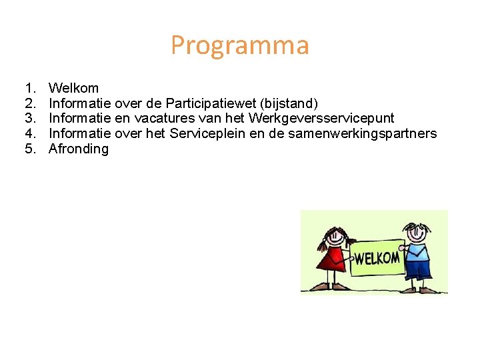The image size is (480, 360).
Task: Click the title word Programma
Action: click(240, 46)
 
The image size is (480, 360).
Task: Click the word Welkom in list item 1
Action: click(74, 88)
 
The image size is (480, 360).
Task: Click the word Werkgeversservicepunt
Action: click(321, 119)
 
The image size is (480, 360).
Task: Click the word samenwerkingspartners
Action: click(371, 134)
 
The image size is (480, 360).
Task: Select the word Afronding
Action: click(79, 149)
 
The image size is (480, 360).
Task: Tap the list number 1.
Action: click(30, 88)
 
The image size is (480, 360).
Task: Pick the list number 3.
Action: click(30, 119)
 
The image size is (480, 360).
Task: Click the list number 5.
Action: click(30, 149)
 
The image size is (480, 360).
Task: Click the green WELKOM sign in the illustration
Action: click(377, 257)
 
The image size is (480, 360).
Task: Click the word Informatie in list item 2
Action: click(80, 103)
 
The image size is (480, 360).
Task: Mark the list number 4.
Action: click(30, 134)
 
